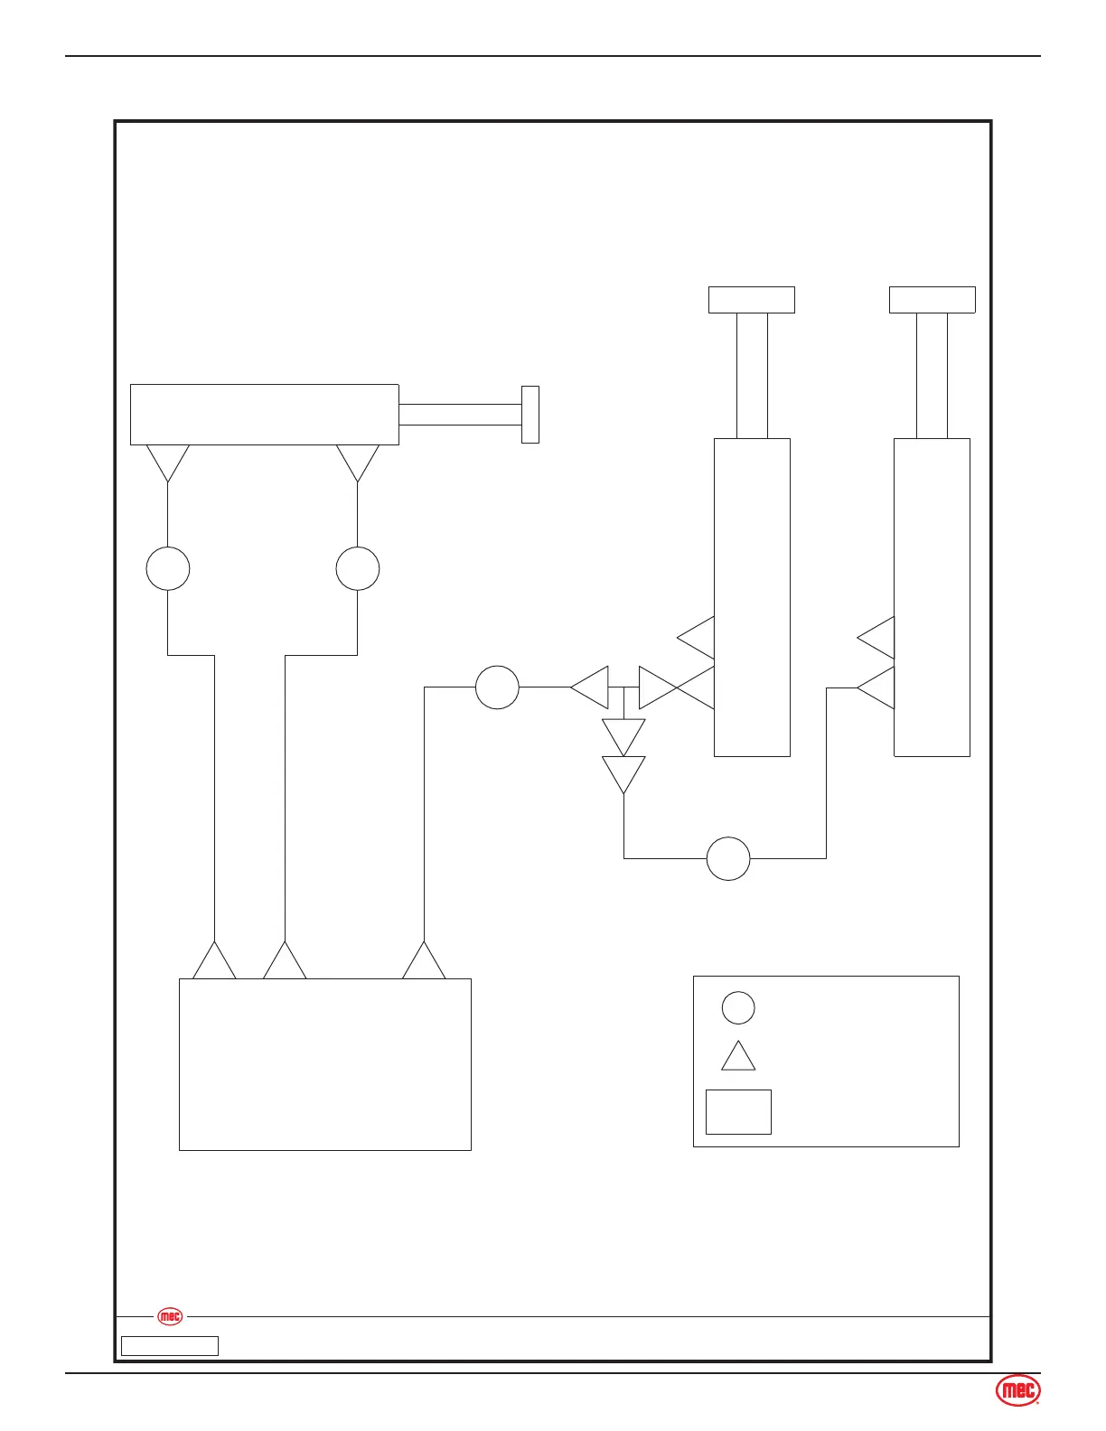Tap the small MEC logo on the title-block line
[x=170, y=1316]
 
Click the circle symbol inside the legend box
[x=738, y=1007]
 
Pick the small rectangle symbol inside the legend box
[x=738, y=1111]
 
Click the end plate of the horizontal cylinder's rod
[x=530, y=415]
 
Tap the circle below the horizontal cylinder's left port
[x=168, y=568]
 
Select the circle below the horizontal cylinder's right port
[x=358, y=568]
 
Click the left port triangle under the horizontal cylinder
[x=168, y=460]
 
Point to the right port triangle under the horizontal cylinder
[x=358, y=460]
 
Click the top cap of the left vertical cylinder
[x=752, y=300]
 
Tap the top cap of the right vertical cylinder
[x=932, y=300]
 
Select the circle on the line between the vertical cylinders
[x=728, y=858]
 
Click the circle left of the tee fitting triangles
[x=497, y=687]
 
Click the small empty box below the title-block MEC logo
[x=170, y=1346]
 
